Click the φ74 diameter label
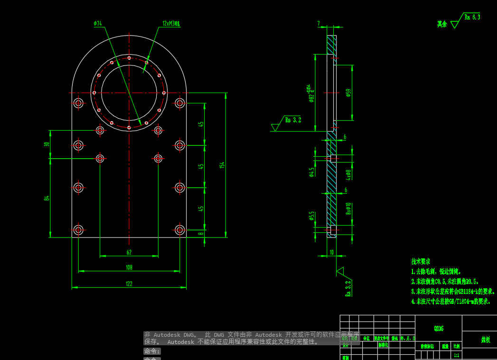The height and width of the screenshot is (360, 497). coord(98,23)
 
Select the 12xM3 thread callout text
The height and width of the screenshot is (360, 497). coord(171,23)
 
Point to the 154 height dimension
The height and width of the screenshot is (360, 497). coord(222,165)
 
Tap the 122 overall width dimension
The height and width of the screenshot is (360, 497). coord(129,284)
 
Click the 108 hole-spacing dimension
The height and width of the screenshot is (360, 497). coord(129,268)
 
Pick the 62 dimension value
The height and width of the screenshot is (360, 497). coord(129,252)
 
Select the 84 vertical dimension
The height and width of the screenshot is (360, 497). coord(47,198)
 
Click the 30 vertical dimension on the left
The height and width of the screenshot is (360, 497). coord(47,144)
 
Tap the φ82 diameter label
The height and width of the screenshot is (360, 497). coord(311,98)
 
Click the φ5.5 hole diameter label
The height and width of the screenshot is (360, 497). coord(311,216)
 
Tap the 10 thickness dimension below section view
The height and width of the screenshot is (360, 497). coord(331,252)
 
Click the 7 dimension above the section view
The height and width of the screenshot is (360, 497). coord(319,23)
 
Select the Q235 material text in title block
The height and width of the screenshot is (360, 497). coord(439,328)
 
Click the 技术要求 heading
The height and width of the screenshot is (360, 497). coord(421,262)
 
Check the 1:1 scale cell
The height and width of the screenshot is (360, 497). coord(457,355)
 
